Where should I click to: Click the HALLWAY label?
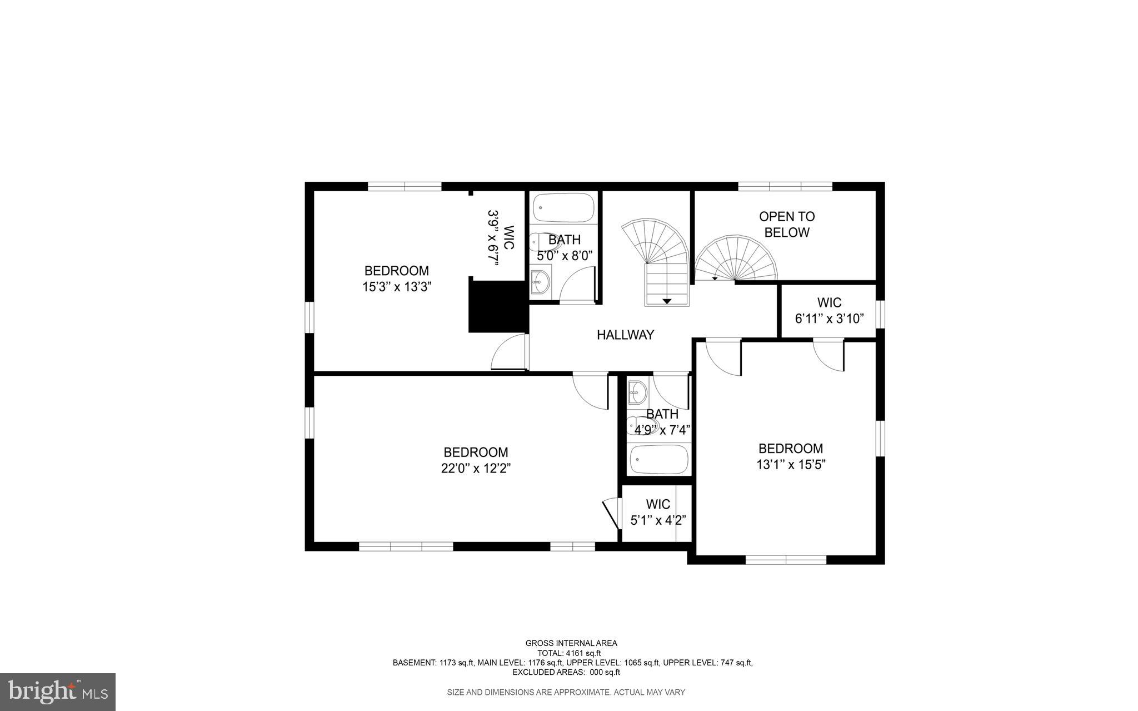625,335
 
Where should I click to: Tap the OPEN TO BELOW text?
786,224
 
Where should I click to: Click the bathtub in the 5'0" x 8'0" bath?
563,207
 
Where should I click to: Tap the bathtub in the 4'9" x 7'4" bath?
659,459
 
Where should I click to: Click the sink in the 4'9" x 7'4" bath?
637,393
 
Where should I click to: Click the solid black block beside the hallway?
497,307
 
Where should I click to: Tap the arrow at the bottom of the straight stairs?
667,301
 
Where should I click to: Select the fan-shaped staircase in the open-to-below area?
736,259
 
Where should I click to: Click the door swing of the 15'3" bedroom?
507,353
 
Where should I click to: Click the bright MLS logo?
58,692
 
